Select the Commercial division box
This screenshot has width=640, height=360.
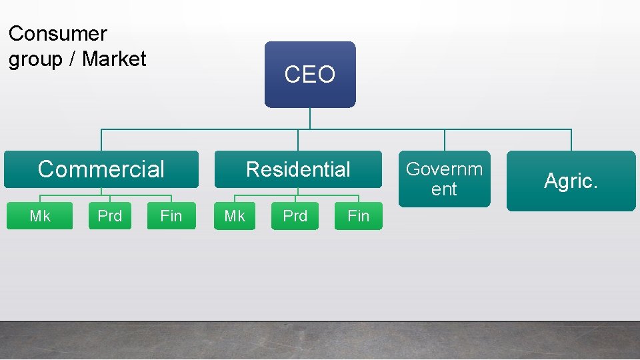[101, 169]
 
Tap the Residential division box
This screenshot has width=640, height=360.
[298, 169]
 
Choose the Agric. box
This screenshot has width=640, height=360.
[571, 181]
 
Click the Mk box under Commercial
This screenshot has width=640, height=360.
[40, 216]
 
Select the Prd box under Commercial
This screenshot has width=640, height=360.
[110, 216]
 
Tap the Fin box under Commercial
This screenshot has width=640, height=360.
[171, 216]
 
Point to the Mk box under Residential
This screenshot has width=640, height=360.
[235, 216]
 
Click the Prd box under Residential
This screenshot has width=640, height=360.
[295, 216]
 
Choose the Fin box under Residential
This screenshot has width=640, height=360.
[359, 216]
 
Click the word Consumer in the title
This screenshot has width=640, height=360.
[58, 33]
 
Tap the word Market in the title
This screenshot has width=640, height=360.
[114, 59]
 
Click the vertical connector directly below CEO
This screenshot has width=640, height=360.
[310, 118]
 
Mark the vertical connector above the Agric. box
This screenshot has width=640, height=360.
[571, 140]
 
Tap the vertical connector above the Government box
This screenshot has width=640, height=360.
[445, 140]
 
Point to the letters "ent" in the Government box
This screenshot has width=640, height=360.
[444, 189]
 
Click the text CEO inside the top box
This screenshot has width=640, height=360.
[310, 75]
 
